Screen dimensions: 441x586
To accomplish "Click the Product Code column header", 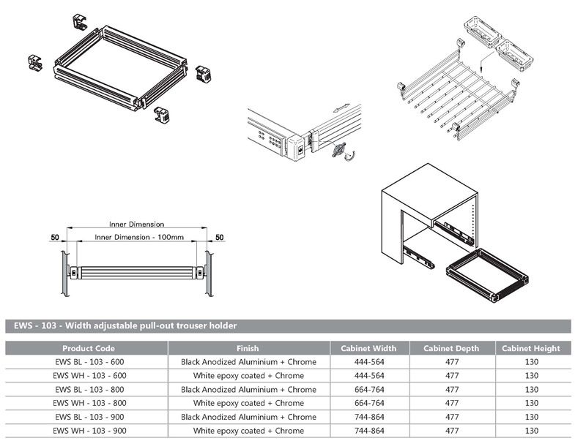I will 89,348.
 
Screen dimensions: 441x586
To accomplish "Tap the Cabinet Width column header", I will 368,348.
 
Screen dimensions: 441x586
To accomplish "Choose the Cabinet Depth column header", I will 451,348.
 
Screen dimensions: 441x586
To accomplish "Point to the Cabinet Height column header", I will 532,348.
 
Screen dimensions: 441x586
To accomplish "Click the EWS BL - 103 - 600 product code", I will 89,362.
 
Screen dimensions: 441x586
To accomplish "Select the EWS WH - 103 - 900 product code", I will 89,431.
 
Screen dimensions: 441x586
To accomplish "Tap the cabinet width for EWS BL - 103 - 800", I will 368,389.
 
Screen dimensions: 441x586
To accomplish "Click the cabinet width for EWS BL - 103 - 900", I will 368,417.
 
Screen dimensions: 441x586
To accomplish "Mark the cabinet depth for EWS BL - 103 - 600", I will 451,362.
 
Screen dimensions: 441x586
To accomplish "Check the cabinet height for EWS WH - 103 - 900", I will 532,431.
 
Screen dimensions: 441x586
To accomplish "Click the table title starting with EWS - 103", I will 122,325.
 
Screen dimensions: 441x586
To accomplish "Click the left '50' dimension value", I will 55,238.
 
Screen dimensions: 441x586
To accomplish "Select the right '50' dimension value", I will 219,238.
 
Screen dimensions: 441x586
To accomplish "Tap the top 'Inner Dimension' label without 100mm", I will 136,225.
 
